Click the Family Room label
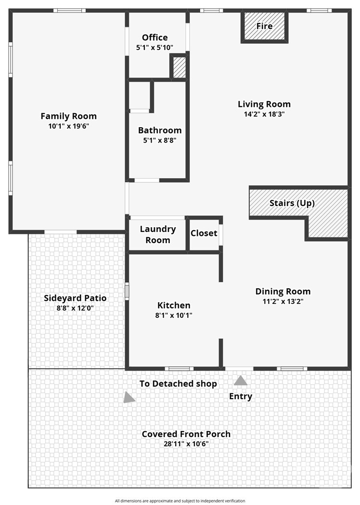(69, 116)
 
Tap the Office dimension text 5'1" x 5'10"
(154, 48)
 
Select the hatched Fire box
(264, 27)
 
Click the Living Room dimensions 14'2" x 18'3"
(264, 114)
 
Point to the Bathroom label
(160, 130)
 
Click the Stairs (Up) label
(292, 203)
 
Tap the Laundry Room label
(158, 234)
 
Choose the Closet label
(204, 233)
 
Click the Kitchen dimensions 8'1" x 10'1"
(174, 315)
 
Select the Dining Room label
(283, 291)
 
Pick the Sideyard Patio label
(75, 298)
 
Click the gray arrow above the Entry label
(241, 381)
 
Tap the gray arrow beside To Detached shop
(129, 398)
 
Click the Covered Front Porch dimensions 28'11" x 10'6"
(186, 444)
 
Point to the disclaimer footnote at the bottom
(180, 501)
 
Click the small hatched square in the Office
(180, 67)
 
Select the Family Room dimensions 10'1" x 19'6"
(69, 126)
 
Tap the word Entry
(241, 397)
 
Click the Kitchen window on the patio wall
(127, 291)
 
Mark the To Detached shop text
(178, 384)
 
